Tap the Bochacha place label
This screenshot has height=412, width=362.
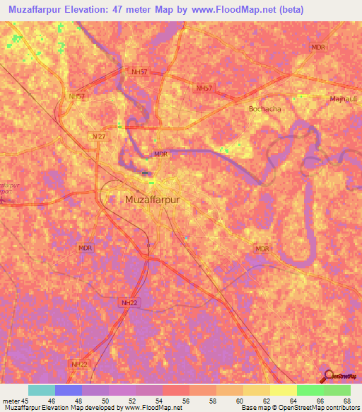[264, 109]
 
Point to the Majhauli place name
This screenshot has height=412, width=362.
[344, 98]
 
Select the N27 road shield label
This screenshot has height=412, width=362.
[98, 136]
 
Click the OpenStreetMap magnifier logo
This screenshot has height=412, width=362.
[329, 375]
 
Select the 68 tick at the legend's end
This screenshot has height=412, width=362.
[347, 401]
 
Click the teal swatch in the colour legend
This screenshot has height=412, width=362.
[42, 390]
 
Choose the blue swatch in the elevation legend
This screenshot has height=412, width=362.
[69, 390]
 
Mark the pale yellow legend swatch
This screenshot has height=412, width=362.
[283, 390]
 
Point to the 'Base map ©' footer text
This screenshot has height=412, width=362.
[258, 408]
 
